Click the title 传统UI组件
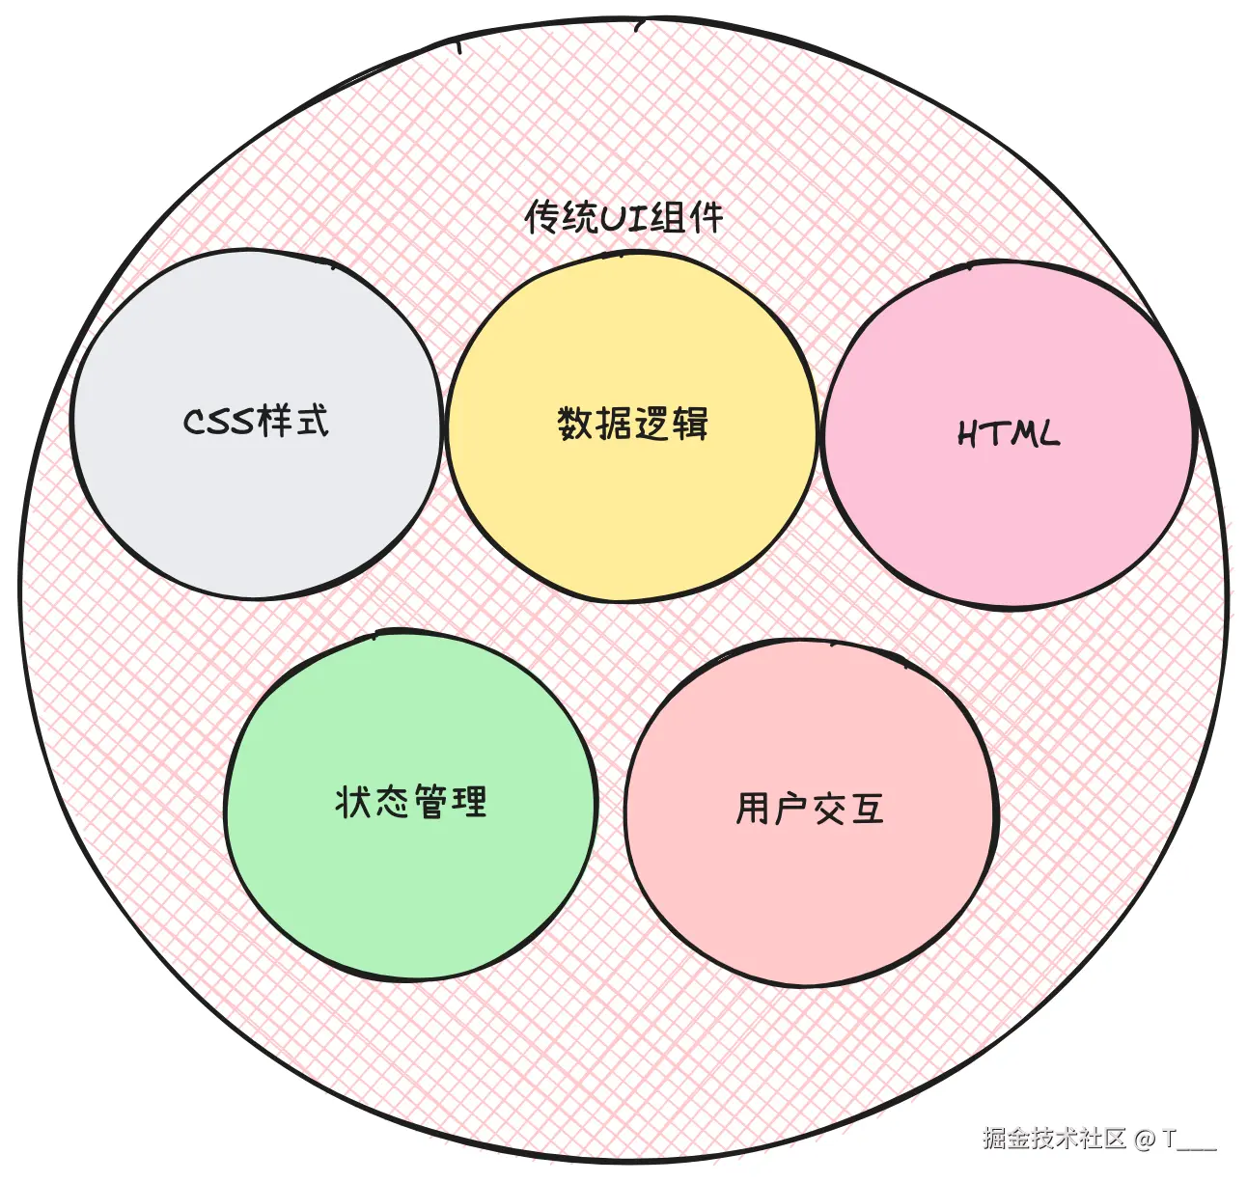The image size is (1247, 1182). (x=623, y=217)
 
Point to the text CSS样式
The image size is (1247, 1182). (x=256, y=422)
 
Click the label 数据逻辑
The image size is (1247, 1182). (x=632, y=424)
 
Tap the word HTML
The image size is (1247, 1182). (x=1009, y=434)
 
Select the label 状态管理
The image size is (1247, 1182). (x=411, y=802)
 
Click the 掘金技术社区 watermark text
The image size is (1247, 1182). (x=1054, y=1139)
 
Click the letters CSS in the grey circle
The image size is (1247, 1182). (x=219, y=423)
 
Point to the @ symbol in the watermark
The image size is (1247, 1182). (x=1145, y=1140)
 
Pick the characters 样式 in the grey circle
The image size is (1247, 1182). (x=293, y=421)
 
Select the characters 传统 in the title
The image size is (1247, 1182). (x=561, y=217)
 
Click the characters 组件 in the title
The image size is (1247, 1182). (x=687, y=217)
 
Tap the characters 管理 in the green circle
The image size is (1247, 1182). (x=450, y=802)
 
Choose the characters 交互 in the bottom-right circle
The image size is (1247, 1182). (x=848, y=809)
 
